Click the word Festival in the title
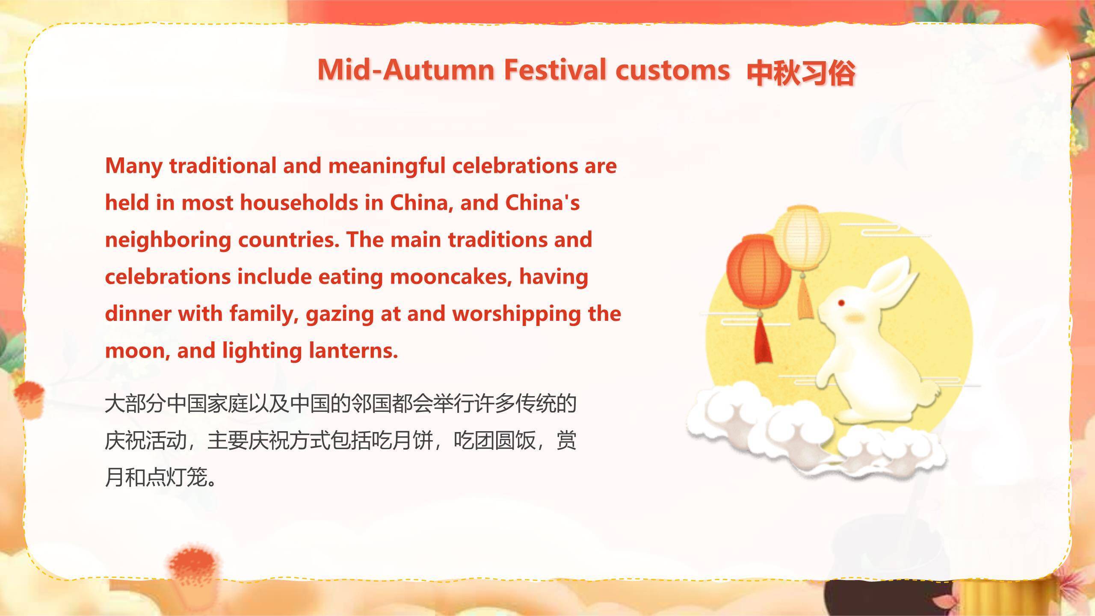555,69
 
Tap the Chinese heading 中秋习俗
801,73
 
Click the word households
299,203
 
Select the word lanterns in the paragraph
353,351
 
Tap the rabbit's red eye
841,303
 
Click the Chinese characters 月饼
413,441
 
